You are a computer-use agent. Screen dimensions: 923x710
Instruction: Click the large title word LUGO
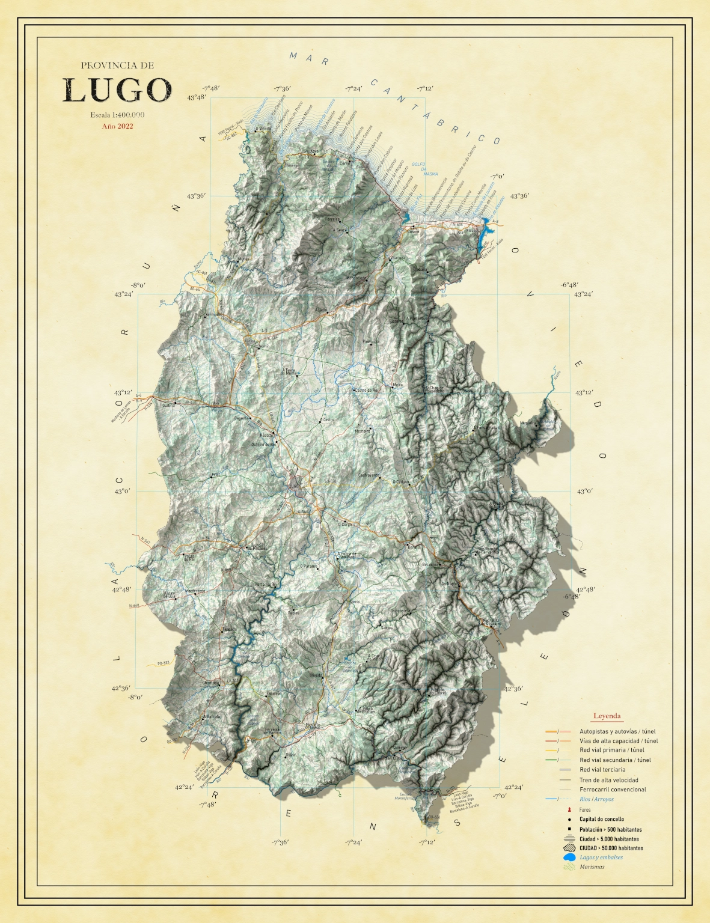tap(117, 91)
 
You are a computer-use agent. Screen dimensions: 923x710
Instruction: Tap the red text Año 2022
tap(117, 126)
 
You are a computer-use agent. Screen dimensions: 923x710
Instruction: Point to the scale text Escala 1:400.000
tap(117, 115)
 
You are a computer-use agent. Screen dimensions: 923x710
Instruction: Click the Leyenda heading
tap(607, 716)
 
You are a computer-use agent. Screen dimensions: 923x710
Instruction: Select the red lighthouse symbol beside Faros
tap(568, 809)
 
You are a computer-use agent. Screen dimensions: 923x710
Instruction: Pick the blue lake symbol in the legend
tap(568, 858)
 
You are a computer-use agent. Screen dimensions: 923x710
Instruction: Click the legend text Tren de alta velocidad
tap(608, 780)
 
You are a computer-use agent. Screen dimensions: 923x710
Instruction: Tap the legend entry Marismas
tap(592, 867)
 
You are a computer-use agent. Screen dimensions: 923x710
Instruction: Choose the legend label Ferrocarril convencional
tap(613, 790)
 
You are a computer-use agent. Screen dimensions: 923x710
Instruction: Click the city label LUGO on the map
tap(294, 486)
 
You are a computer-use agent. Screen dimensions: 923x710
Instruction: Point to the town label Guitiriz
tap(168, 406)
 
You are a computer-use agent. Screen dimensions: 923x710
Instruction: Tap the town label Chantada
tap(210, 683)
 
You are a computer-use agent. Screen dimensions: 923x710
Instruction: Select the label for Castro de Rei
tap(367, 391)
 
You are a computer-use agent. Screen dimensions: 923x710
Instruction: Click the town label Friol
tap(215, 475)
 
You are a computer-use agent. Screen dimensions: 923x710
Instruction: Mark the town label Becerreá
tap(430, 565)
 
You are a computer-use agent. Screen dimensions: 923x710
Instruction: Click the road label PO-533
tap(163, 663)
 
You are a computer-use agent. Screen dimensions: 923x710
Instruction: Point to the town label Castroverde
tap(369, 475)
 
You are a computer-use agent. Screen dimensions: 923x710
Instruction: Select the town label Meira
tap(397, 385)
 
